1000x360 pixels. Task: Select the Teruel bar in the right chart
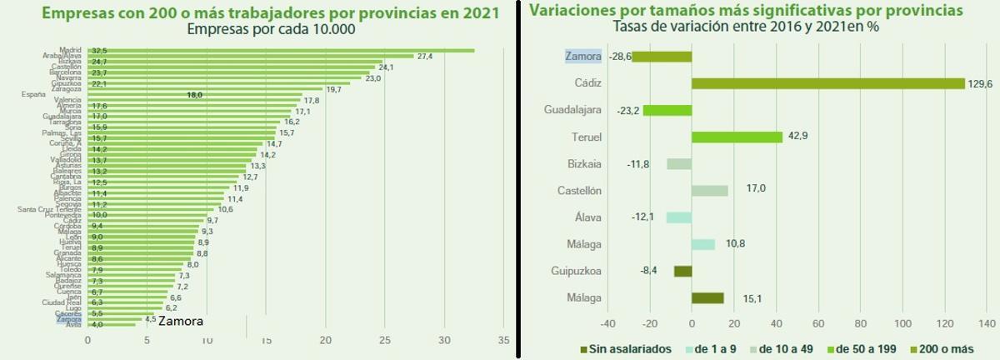click(737, 137)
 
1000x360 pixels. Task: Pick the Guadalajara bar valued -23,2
click(667, 110)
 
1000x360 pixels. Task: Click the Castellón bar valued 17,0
click(709, 191)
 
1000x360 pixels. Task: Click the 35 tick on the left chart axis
click(503, 340)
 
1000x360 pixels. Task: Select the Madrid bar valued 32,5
click(292, 50)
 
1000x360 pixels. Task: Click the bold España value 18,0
click(194, 95)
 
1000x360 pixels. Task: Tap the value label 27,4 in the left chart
click(425, 56)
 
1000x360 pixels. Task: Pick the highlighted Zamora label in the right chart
click(582, 57)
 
